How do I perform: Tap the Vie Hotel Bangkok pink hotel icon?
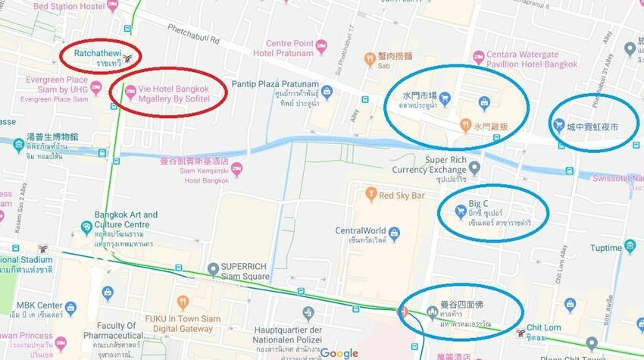tap(130, 93)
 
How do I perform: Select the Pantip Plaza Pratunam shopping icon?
tap(327, 92)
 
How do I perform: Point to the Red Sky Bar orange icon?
tap(370, 195)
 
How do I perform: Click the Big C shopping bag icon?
tap(460, 212)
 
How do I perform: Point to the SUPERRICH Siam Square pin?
tap(212, 267)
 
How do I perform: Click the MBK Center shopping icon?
tap(70, 308)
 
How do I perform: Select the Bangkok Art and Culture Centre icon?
tap(87, 225)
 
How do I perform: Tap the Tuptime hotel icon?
tap(630, 246)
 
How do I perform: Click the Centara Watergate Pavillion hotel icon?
tap(478, 57)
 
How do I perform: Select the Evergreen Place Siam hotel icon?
tap(96, 89)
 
